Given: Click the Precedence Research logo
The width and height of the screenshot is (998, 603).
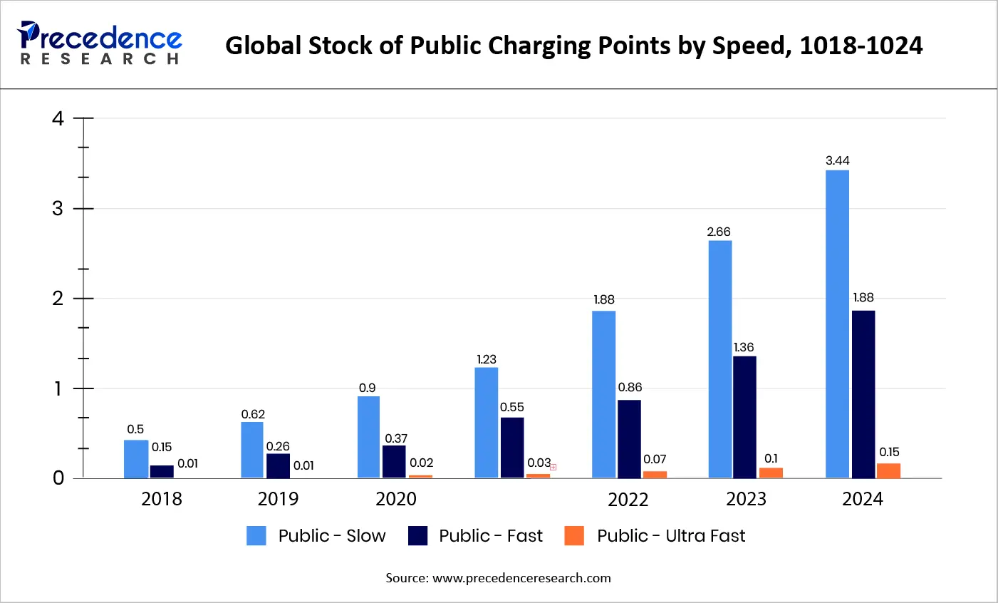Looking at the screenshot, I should (x=100, y=43).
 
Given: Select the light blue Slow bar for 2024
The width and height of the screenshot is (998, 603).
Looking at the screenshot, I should (x=837, y=324).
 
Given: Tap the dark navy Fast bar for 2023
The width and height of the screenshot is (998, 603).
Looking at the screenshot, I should (x=744, y=417).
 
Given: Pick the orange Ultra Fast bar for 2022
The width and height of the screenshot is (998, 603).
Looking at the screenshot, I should (x=655, y=474).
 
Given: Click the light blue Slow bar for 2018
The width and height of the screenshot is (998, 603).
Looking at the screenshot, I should (x=136, y=459).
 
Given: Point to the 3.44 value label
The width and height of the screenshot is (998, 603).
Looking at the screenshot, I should (x=837, y=161).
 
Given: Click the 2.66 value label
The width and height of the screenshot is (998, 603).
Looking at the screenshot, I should (x=719, y=232).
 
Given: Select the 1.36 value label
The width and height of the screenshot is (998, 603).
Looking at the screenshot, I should (x=744, y=347).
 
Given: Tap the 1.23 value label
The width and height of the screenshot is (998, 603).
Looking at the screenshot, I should (x=487, y=359).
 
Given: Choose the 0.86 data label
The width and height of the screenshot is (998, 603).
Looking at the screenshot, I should (x=630, y=387).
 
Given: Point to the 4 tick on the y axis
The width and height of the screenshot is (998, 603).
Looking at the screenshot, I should (x=58, y=118).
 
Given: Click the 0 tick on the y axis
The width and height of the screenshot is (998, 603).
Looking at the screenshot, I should (x=58, y=478).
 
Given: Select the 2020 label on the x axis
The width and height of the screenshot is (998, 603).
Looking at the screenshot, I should (x=396, y=499).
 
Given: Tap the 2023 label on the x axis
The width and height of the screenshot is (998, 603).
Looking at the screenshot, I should (x=746, y=499).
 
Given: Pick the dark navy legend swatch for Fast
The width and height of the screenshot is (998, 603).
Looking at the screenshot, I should (x=418, y=536).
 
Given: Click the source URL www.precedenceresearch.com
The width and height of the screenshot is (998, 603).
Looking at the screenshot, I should (x=521, y=578).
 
